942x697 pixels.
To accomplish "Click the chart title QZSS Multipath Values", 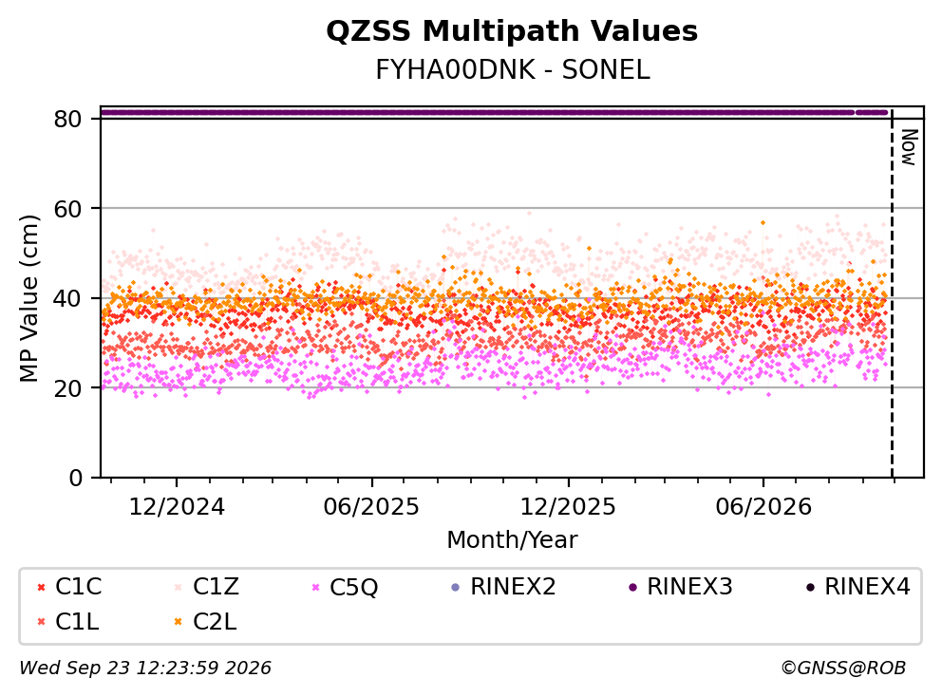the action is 512,31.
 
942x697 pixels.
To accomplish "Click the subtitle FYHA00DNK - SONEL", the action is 513,70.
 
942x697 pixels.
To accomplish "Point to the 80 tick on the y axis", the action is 67,119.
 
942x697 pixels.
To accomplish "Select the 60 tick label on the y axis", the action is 67,209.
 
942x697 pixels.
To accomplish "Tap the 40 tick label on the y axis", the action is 67,298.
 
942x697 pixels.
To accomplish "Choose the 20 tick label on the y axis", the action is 67,388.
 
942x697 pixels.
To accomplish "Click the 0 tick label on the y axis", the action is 75,478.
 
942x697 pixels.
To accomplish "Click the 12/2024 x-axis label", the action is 177,506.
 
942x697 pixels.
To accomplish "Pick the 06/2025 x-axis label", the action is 371,506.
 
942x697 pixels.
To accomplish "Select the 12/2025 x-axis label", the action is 568,506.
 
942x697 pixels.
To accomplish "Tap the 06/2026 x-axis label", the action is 763,506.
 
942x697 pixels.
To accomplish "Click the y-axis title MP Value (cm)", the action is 28,298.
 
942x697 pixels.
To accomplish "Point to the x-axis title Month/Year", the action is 512,539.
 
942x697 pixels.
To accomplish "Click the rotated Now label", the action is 909,148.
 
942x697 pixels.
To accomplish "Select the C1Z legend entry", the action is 207,587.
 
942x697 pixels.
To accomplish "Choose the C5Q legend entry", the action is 345,587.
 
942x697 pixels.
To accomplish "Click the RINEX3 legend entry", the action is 681,587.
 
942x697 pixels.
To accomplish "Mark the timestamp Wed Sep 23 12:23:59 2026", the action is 145,668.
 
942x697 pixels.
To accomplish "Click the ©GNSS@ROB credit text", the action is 843,668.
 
